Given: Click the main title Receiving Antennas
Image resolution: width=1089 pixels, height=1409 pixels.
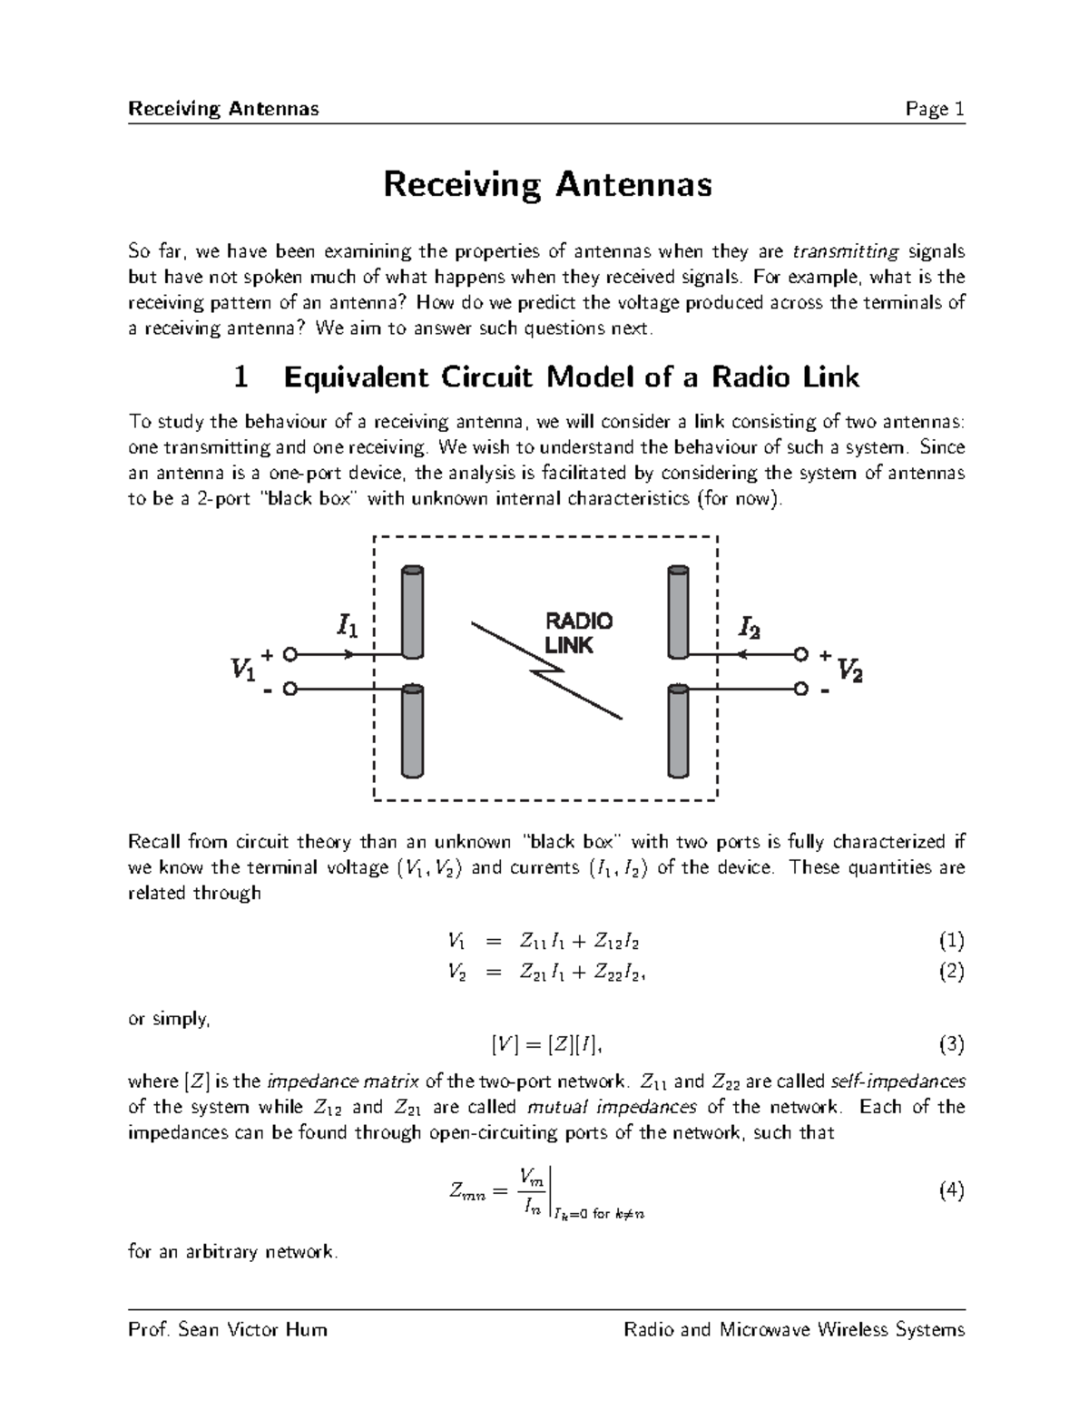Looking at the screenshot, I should pyautogui.click(x=547, y=185).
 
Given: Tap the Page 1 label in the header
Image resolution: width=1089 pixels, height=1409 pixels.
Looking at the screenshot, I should pyautogui.click(x=934, y=110).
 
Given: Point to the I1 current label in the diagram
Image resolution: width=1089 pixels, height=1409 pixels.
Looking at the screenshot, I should pyautogui.click(x=347, y=626).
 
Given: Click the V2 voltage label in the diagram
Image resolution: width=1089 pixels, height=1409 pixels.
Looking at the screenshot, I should pyautogui.click(x=849, y=670).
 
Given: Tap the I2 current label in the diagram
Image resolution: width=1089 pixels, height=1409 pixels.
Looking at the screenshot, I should pyautogui.click(x=750, y=626).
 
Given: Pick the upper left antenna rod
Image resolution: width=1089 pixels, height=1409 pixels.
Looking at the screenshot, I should pyautogui.click(x=412, y=612).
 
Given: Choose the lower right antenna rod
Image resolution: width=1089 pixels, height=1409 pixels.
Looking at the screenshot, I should pyautogui.click(x=678, y=731).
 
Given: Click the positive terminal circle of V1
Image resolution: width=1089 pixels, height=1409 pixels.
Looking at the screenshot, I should pyautogui.click(x=289, y=653).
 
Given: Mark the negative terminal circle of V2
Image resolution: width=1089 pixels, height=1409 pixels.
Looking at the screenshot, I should pyautogui.click(x=800, y=690).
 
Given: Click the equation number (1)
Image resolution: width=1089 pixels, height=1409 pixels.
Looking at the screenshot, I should pyautogui.click(x=950, y=940).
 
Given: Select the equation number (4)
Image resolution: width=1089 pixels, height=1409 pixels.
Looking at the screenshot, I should pyautogui.click(x=950, y=1191).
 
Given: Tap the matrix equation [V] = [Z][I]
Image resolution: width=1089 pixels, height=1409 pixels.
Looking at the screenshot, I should pyautogui.click(x=544, y=1045).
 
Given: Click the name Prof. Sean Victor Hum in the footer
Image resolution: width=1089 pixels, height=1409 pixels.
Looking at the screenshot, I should pyautogui.click(x=228, y=1330).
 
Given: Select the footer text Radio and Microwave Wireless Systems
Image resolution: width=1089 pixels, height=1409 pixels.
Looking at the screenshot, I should pyautogui.click(x=794, y=1330).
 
